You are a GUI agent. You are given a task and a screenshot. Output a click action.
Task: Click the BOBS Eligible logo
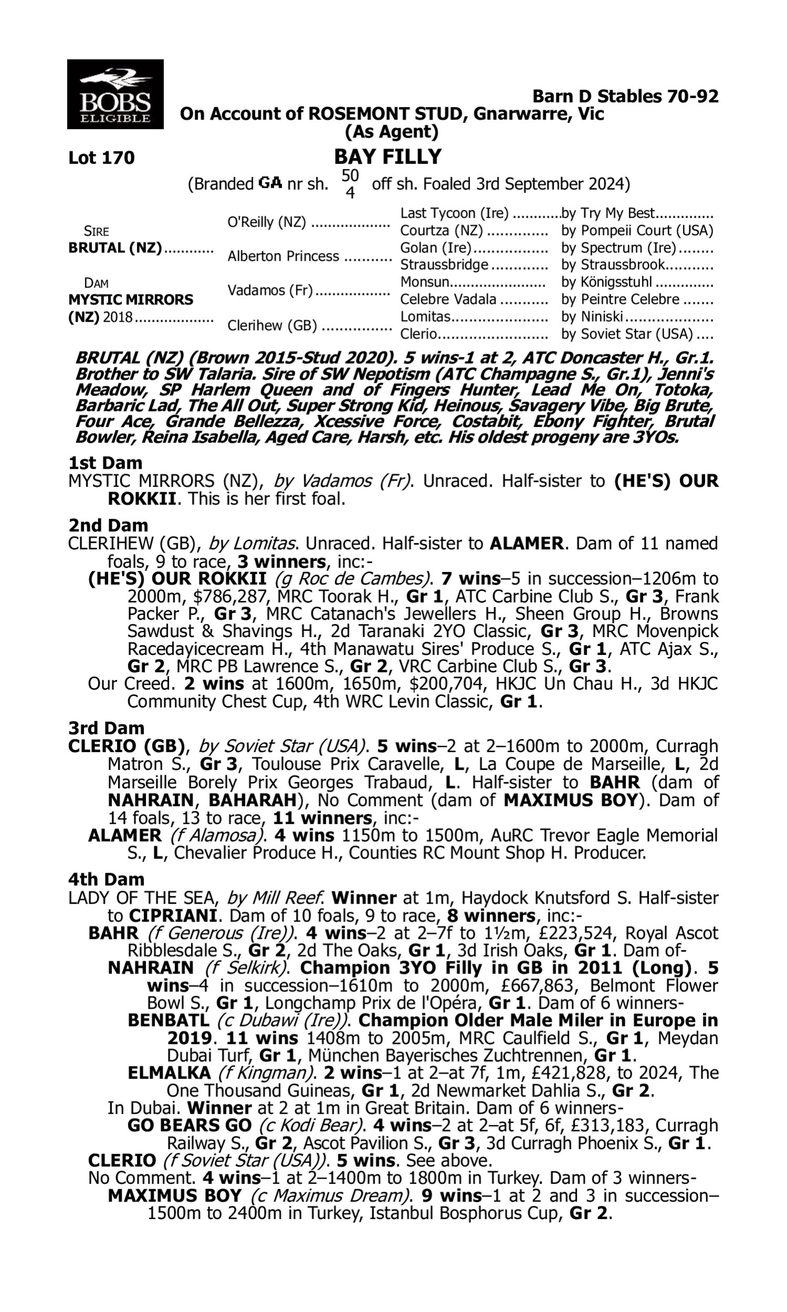pyautogui.click(x=115, y=94)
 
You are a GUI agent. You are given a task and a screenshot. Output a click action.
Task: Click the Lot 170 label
pyautogui.click(x=101, y=157)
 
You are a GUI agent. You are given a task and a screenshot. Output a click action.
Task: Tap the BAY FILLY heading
pyautogui.click(x=388, y=156)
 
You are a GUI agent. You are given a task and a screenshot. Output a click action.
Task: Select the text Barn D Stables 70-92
pyautogui.click(x=625, y=96)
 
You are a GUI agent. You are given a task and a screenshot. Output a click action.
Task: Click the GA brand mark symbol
pyautogui.click(x=270, y=184)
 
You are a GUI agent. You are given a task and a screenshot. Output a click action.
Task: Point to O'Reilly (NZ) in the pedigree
pyautogui.click(x=266, y=222)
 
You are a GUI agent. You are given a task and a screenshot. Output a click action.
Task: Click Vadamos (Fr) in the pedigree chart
pyautogui.click(x=270, y=291)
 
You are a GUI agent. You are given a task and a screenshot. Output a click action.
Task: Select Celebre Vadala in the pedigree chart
pyautogui.click(x=448, y=299)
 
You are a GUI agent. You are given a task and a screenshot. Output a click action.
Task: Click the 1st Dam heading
pyautogui.click(x=105, y=462)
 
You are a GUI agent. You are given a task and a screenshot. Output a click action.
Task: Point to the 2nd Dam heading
pyautogui.click(x=108, y=525)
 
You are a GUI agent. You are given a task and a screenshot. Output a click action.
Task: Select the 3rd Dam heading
pyautogui.click(x=106, y=727)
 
